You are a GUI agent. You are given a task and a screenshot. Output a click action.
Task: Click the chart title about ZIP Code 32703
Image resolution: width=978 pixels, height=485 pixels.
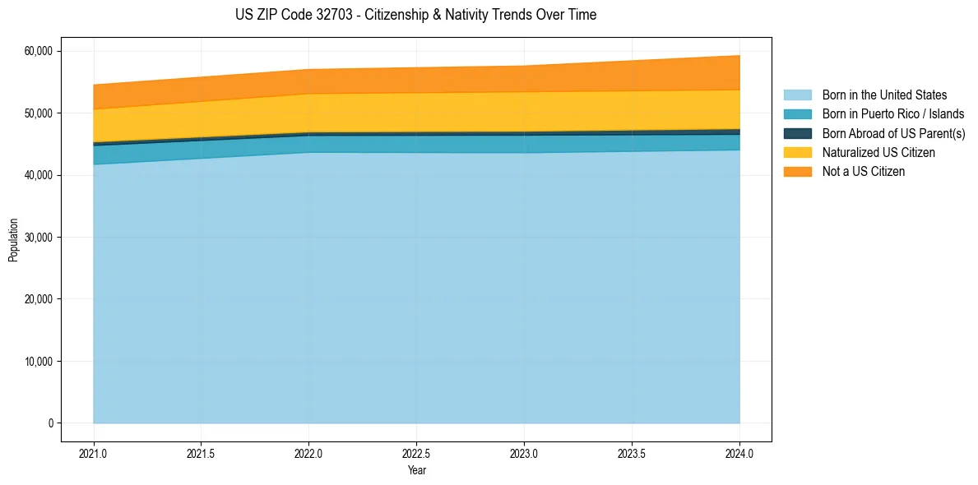click(x=415, y=15)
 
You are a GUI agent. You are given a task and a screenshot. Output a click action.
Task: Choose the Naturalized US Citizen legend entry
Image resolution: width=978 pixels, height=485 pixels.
click(x=878, y=153)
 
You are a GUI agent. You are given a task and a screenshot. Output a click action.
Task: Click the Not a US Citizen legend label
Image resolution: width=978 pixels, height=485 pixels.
click(x=864, y=172)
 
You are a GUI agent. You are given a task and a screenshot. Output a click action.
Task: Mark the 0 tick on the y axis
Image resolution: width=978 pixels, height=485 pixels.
click(x=50, y=423)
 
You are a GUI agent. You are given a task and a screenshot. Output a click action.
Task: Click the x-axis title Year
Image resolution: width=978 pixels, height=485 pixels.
click(x=416, y=471)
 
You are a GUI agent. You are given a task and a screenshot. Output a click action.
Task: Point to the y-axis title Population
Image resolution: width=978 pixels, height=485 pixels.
click(x=13, y=240)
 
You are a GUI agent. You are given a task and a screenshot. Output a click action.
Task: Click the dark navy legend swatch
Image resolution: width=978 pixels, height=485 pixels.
click(x=797, y=133)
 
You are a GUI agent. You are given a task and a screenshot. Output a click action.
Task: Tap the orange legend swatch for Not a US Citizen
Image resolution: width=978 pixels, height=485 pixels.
click(x=797, y=172)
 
